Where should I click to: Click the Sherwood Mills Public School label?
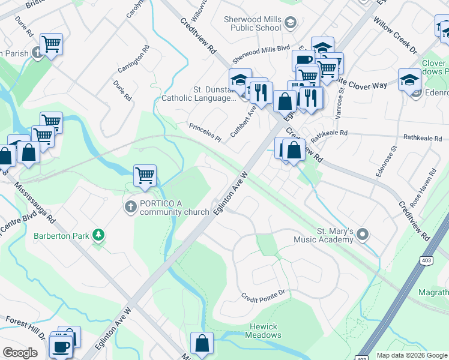click(252, 23)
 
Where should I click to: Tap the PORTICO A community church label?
click(169, 208)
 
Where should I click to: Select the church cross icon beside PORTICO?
click(130, 208)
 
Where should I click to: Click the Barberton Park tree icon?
click(98, 235)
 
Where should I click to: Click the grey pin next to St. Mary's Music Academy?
click(363, 235)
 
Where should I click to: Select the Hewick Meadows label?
click(263, 331)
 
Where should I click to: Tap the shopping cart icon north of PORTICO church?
click(145, 175)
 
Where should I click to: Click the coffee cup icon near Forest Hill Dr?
click(61, 346)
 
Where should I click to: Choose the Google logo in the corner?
click(20, 353)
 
